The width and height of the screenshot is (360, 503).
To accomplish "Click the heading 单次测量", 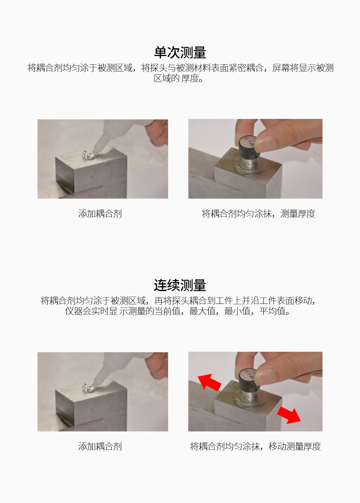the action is click(180, 52).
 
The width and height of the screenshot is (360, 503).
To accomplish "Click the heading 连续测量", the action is click(180, 285).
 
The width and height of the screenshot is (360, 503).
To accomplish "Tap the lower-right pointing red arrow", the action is click(289, 415).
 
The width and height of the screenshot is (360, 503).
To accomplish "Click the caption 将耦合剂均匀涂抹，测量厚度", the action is click(259, 214).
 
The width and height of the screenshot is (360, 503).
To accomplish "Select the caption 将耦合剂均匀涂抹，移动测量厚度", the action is click(255, 447).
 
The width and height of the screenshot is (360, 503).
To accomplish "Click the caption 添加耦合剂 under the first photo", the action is click(100, 214).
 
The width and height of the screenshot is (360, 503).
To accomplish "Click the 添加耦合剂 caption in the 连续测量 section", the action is click(100, 447).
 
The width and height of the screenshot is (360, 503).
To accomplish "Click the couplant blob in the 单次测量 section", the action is click(87, 155).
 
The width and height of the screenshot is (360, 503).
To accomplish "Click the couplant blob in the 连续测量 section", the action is click(87, 388).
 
